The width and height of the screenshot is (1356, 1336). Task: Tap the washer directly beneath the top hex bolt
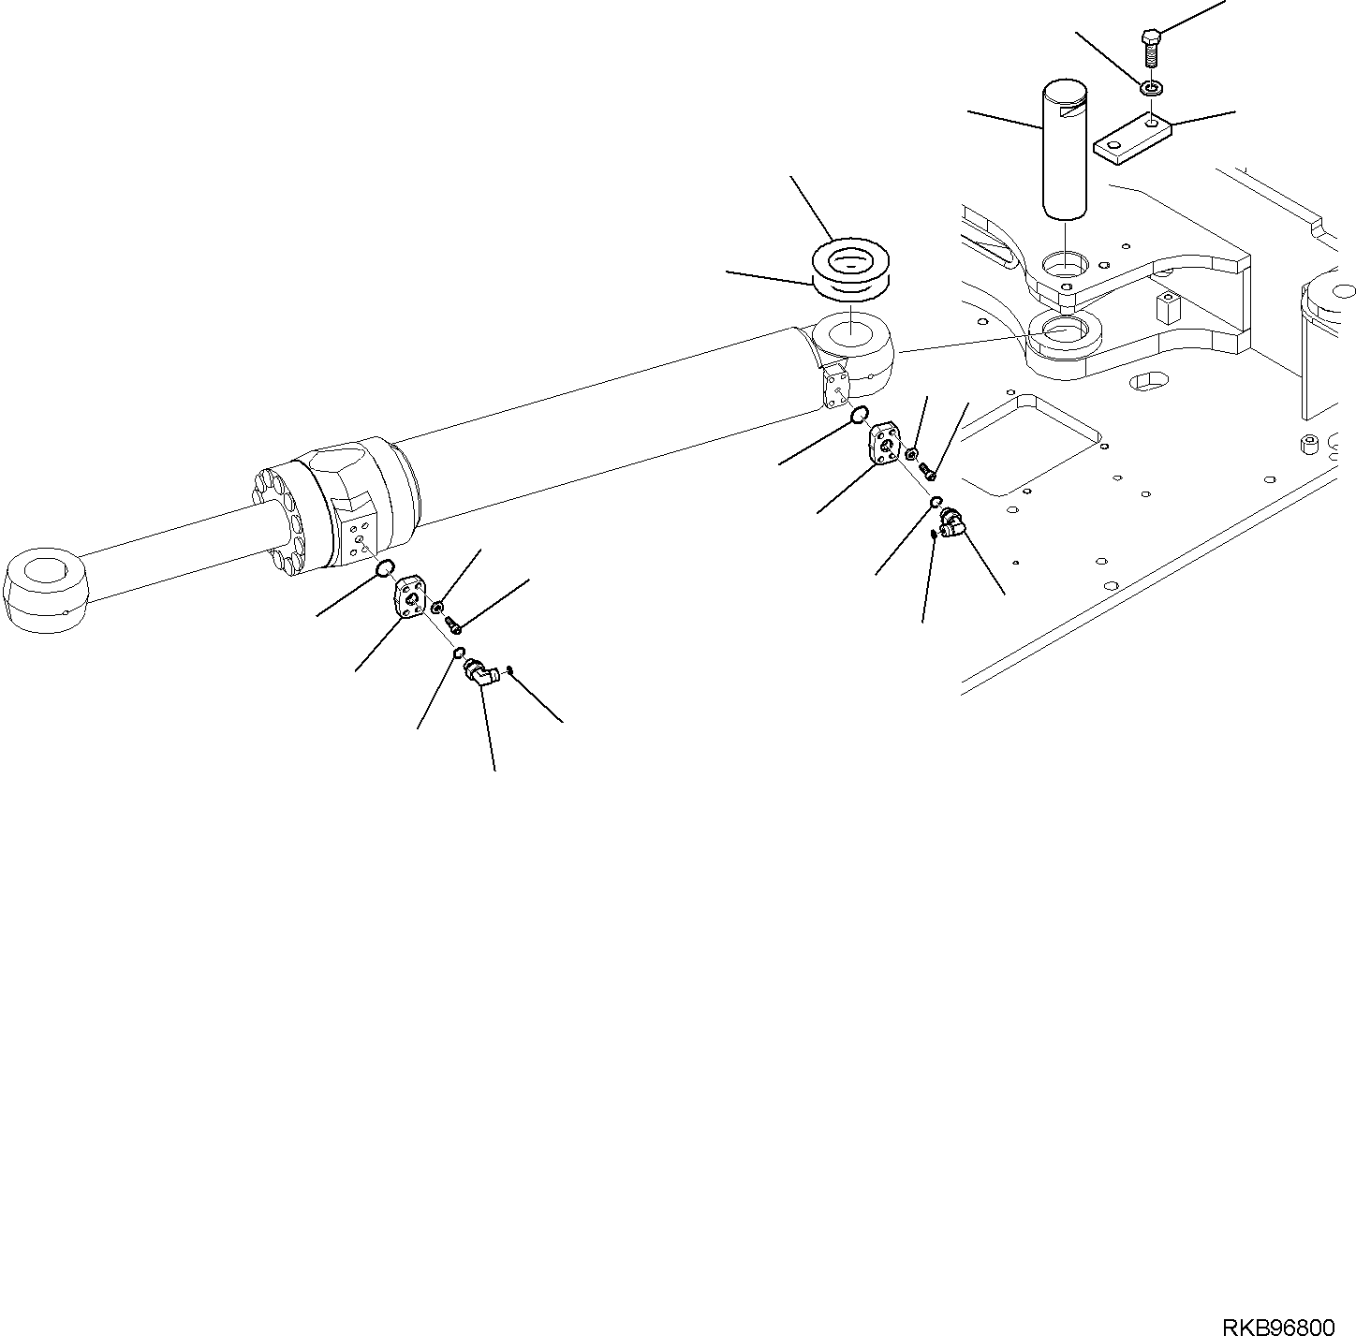[x=1151, y=89]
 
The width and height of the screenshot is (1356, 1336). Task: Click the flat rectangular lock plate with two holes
[x=1131, y=138]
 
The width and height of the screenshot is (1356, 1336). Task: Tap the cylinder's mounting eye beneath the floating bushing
[x=851, y=347]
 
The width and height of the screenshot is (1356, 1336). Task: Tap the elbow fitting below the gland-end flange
[x=479, y=674]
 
